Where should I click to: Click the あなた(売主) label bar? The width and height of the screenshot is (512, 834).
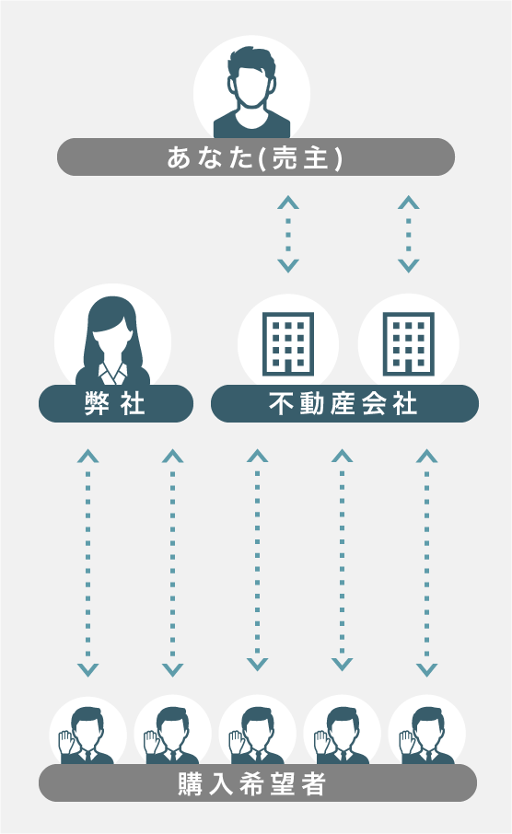255,156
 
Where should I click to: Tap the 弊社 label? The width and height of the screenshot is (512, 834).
115,404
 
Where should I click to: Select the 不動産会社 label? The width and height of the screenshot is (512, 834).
344,404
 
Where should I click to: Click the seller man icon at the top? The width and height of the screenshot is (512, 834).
251,93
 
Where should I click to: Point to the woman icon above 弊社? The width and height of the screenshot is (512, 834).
113,341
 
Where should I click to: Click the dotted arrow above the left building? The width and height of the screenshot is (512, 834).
288,234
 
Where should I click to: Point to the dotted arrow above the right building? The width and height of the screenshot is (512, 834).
409,234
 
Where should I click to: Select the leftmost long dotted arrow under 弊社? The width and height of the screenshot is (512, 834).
87,562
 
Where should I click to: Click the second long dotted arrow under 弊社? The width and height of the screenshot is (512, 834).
172,562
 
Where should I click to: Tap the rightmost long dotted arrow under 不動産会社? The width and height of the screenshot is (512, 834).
427,562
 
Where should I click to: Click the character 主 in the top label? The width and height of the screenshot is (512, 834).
316,157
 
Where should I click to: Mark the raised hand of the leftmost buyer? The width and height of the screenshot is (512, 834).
65,741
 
